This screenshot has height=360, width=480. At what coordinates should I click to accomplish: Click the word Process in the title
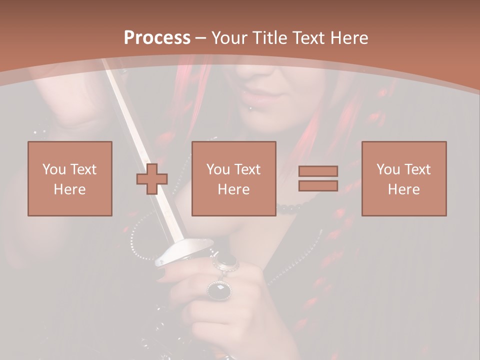coord(157,38)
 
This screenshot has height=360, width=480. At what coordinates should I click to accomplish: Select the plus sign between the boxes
coord(152,178)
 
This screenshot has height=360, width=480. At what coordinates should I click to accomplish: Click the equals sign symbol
coord(318,178)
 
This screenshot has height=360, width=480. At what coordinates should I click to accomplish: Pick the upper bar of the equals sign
coord(318,171)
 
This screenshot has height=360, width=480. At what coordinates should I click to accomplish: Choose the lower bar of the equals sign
coord(318,186)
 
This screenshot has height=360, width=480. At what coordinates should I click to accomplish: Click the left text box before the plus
coord(70,178)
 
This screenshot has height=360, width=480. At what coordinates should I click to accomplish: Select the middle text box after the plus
coord(234,178)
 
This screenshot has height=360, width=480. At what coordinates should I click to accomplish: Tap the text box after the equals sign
coord(404,178)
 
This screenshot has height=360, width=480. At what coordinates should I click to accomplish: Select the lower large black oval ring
coord(219,289)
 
